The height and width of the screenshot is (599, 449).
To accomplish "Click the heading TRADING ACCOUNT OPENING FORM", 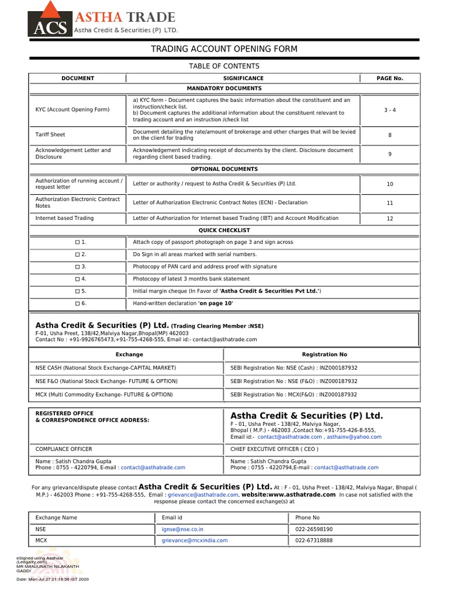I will pyautogui.click(x=224, y=49).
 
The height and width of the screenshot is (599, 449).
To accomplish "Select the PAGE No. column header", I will pyautogui.click(x=389, y=78).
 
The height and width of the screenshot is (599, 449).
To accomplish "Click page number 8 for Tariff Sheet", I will pyautogui.click(x=389, y=135).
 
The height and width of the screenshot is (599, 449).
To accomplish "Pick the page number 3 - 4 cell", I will pyautogui.click(x=389, y=110).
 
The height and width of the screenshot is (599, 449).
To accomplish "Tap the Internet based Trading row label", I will pyautogui.click(x=64, y=218).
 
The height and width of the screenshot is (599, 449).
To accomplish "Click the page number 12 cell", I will pyautogui.click(x=389, y=218).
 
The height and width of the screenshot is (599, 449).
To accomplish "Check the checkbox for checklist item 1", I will pyautogui.click(x=77, y=242).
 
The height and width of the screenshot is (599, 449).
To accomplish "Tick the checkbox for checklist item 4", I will pyautogui.click(x=77, y=279).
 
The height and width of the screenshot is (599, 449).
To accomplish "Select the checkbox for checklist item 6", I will pyautogui.click(x=77, y=304).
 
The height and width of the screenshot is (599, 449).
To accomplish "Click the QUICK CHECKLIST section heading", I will pyautogui.click(x=224, y=230).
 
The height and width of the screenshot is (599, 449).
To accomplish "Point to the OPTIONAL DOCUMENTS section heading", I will pyautogui.click(x=224, y=169).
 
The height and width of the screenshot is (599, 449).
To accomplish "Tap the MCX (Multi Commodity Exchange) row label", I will pyautogui.click(x=104, y=395).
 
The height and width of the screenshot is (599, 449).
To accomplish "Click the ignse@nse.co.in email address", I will pyautogui.click(x=182, y=529).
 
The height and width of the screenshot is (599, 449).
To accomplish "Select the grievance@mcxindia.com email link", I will pyautogui.click(x=195, y=541).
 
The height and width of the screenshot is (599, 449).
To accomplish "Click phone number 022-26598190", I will pyautogui.click(x=314, y=529).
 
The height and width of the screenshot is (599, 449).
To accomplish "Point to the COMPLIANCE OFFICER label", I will pyautogui.click(x=64, y=449).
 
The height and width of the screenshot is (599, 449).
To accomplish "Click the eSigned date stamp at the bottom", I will pyautogui.click(x=53, y=579).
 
